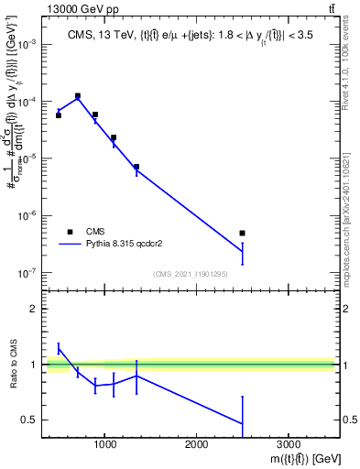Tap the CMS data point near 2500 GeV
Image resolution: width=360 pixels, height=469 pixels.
[242, 233]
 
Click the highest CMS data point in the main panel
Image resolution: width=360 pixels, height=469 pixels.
[78, 95]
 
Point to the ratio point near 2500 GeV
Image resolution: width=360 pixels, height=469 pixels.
[242, 423]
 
